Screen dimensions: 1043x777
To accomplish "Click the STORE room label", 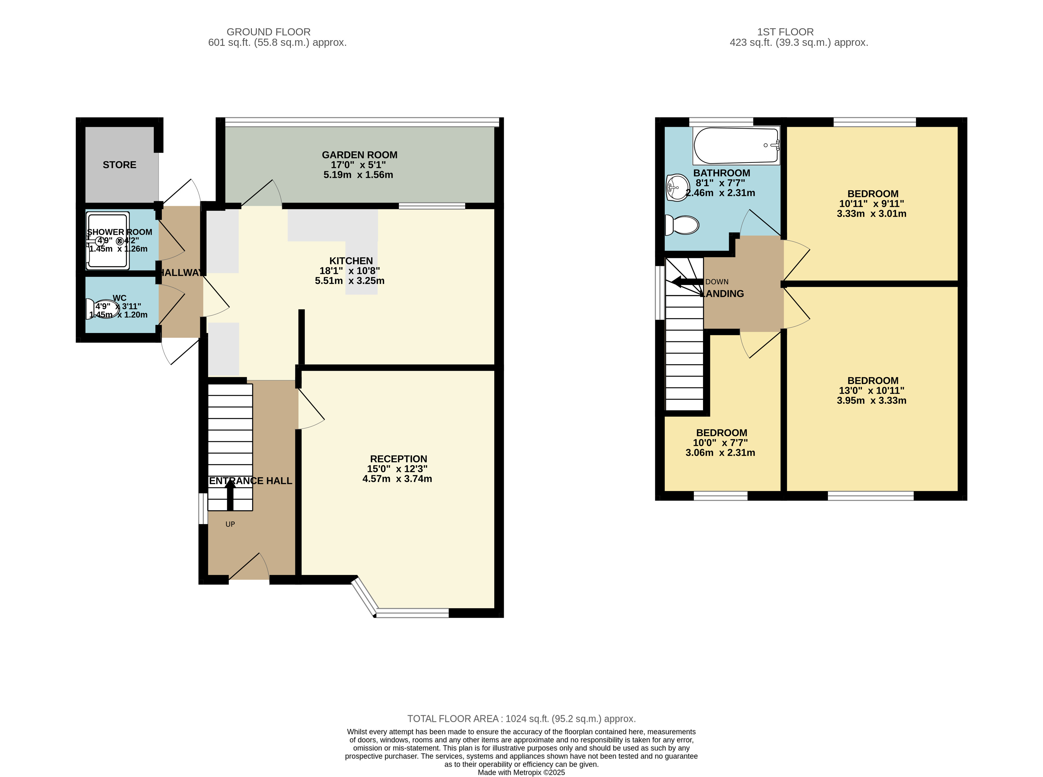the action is [119, 165].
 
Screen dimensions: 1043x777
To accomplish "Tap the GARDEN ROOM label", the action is [360, 155].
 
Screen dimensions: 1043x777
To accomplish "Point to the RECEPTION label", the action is [399, 459].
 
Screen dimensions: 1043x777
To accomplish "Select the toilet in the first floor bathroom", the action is [682, 225].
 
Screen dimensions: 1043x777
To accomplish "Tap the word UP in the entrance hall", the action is [230, 524].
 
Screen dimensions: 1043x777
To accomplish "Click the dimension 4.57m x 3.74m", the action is [397, 479].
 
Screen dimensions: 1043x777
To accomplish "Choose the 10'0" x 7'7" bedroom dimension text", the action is [720, 443].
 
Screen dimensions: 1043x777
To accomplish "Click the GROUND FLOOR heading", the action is [268, 32].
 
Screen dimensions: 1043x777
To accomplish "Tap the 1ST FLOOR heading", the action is [785, 32].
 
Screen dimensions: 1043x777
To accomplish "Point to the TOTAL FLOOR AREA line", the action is [521, 719].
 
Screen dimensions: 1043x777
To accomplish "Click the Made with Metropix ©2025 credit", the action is [521, 772].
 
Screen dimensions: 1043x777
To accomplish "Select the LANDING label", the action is [722, 293].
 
